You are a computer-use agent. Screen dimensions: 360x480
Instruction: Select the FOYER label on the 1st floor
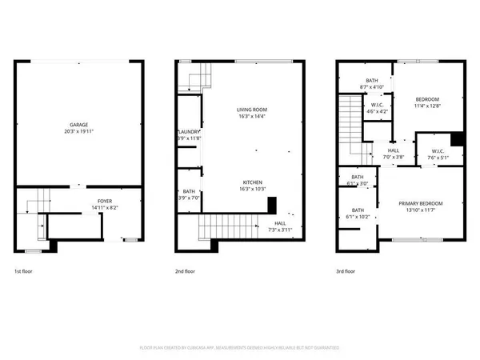pos(105,201)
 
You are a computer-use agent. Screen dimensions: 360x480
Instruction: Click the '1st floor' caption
pos(24,271)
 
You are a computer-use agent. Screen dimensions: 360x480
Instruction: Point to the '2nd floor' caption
pos(185,271)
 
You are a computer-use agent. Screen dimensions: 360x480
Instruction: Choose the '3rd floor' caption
pos(346,271)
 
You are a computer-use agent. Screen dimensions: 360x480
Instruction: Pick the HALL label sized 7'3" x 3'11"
pos(279,223)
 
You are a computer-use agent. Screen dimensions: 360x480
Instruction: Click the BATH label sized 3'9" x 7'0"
pos(189,191)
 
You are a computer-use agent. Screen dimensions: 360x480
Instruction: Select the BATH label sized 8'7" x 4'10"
pos(372,80)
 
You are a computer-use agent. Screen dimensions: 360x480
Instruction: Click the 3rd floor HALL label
pos(393,150)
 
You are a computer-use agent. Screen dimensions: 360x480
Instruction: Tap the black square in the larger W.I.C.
pos(457,138)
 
